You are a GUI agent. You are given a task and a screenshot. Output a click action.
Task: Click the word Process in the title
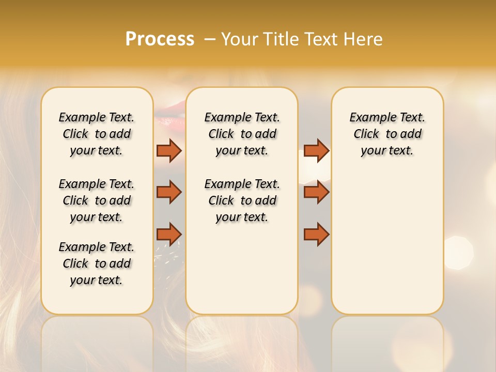[x=160, y=39]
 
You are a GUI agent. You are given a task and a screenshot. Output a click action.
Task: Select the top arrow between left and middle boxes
[x=169, y=150]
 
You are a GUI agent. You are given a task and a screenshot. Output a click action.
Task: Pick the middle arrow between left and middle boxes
[x=169, y=192]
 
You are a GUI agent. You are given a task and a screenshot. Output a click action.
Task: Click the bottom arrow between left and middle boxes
[x=169, y=234]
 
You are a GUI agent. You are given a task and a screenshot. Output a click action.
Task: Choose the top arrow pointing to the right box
[x=316, y=150]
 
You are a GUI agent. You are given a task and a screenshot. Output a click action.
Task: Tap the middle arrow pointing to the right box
[x=316, y=192]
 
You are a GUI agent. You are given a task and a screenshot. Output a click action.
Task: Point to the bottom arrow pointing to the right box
[x=316, y=234]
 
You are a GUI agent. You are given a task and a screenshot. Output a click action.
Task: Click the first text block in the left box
[x=97, y=134]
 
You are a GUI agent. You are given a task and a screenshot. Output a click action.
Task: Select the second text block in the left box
[x=97, y=200]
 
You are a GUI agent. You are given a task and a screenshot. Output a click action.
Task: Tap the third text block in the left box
[x=97, y=263]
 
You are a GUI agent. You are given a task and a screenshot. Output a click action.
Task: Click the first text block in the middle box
[x=242, y=134]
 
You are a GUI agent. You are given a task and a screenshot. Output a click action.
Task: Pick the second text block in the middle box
[x=242, y=200]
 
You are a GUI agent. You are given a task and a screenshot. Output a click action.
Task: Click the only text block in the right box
[x=388, y=134]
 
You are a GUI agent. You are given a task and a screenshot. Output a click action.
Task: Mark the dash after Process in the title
[x=210, y=39]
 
